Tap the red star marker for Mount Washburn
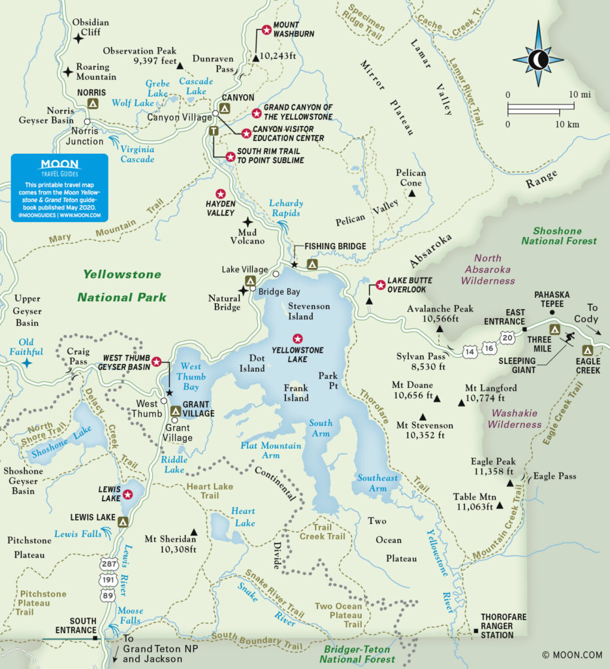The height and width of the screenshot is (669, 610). [266, 29]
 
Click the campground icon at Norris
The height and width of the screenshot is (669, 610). [93, 103]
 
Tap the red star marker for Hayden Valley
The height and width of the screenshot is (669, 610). [220, 193]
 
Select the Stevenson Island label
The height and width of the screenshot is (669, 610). [309, 311]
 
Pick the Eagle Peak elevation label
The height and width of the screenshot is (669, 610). [492, 466]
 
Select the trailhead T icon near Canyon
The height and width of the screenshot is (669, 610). [213, 131]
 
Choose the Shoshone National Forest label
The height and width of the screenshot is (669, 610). [564, 235]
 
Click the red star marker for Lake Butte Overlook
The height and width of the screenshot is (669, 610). [380, 285]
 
